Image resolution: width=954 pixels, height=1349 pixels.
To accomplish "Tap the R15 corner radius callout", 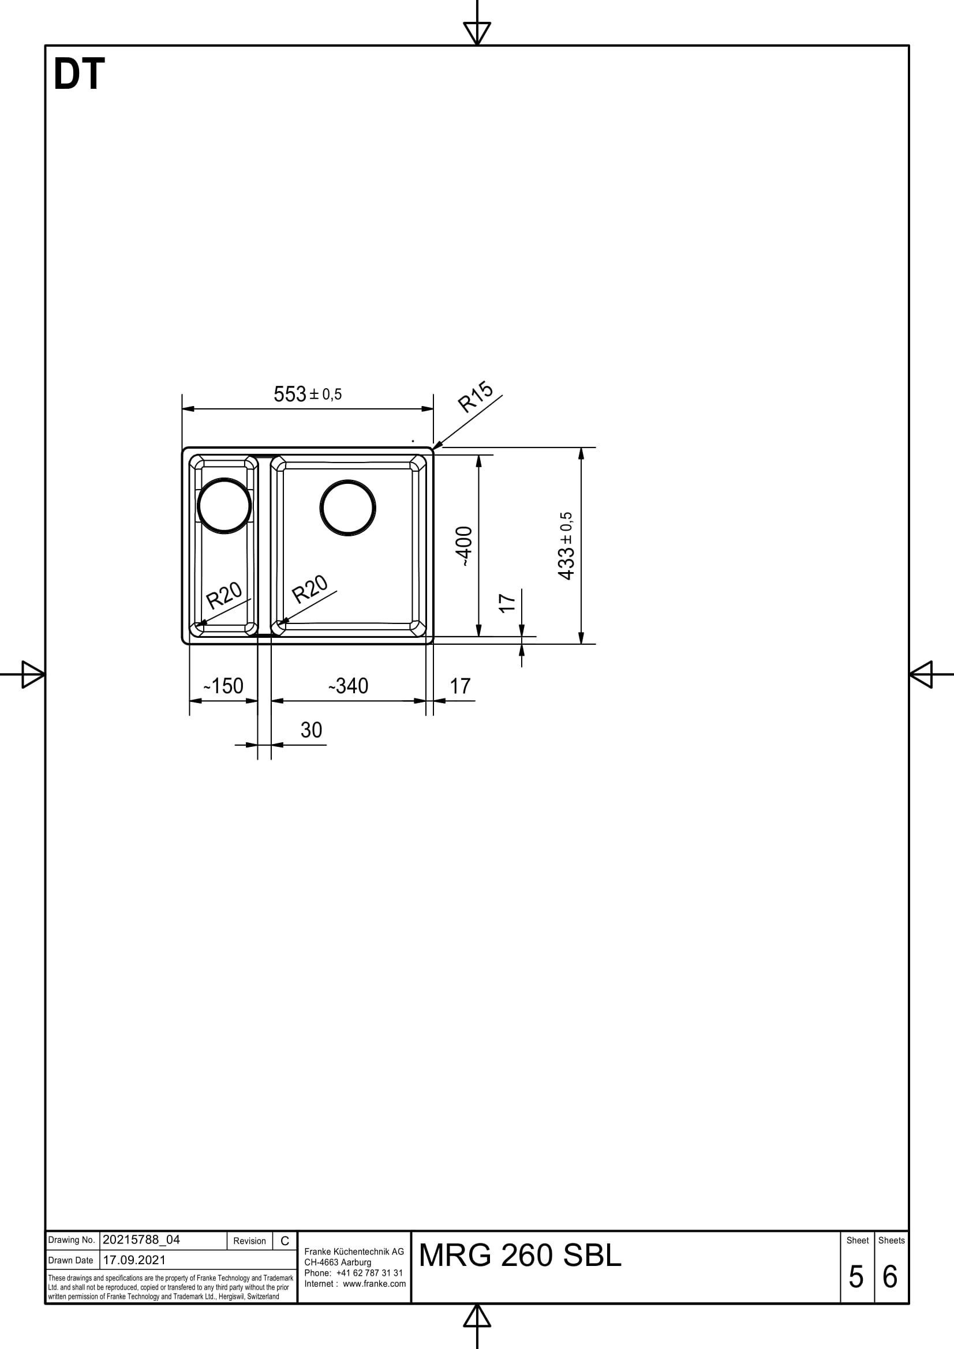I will (x=476, y=397).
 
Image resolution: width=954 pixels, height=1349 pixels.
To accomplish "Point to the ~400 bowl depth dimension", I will (x=465, y=546).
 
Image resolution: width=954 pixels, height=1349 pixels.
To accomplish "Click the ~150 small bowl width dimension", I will (x=223, y=686).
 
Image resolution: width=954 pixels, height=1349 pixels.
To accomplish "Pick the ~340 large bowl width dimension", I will (x=349, y=686).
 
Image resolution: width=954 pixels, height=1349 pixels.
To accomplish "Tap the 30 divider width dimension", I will (x=311, y=730).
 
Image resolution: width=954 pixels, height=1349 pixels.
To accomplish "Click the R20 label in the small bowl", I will (x=224, y=595).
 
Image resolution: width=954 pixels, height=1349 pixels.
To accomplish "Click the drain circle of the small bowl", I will (x=224, y=505).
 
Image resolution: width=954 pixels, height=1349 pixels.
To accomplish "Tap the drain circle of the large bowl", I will (x=348, y=508).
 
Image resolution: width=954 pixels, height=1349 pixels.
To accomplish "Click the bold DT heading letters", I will (x=78, y=74).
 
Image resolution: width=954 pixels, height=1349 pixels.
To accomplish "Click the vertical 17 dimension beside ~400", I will (x=507, y=602).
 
